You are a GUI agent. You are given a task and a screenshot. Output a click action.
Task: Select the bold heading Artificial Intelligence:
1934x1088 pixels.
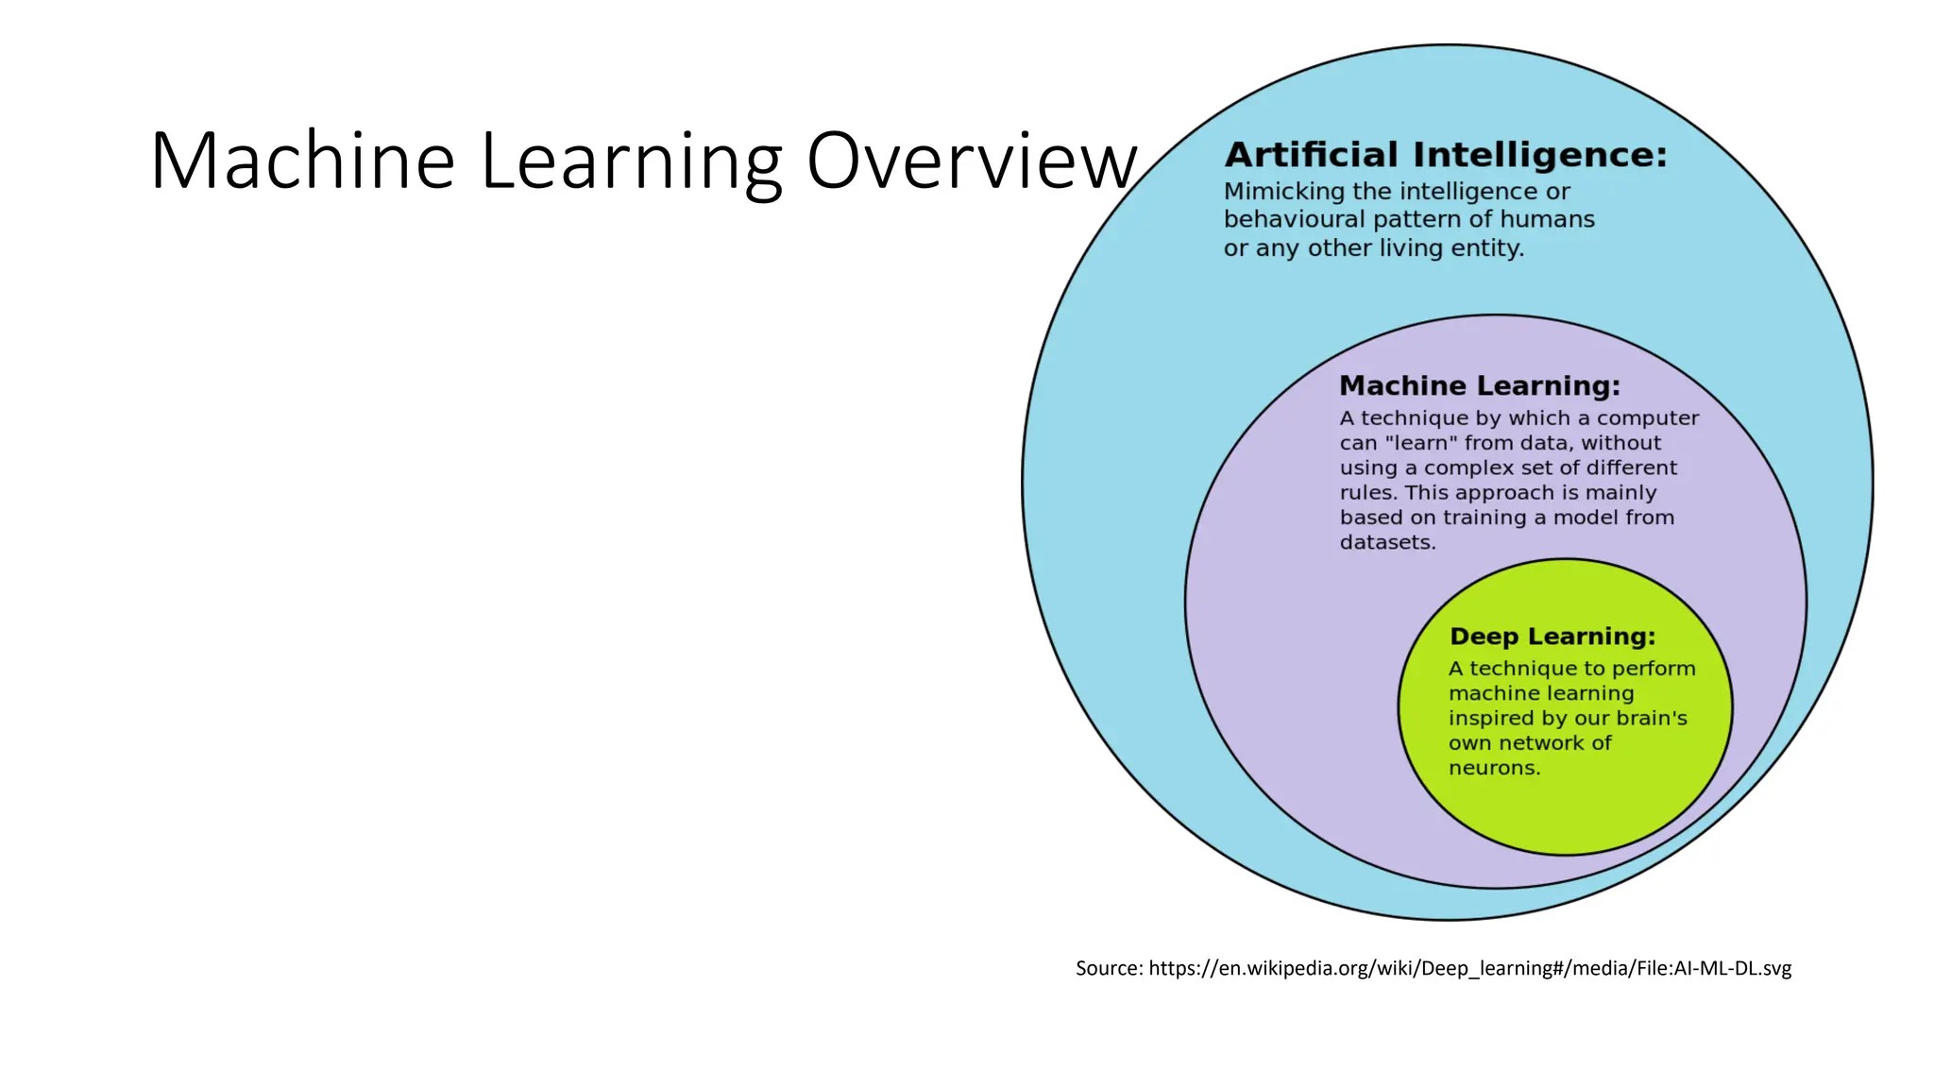pyautogui.click(x=1446, y=155)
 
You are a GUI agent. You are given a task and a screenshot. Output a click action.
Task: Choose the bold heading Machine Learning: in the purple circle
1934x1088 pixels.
pyautogui.click(x=1480, y=385)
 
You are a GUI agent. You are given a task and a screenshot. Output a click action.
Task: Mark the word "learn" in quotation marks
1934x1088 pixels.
pyautogui.click(x=1421, y=443)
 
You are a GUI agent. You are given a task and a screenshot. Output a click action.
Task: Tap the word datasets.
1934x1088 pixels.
pyautogui.click(x=1387, y=543)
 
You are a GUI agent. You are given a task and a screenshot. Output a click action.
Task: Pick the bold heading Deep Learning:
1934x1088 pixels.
pyautogui.click(x=1552, y=637)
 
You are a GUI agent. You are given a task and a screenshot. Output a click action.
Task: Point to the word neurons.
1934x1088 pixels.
pyautogui.click(x=1494, y=768)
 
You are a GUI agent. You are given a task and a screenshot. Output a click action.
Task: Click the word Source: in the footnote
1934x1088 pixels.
pyautogui.click(x=1109, y=968)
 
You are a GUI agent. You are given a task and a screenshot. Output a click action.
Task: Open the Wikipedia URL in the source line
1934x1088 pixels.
pyautogui.click(x=1469, y=968)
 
